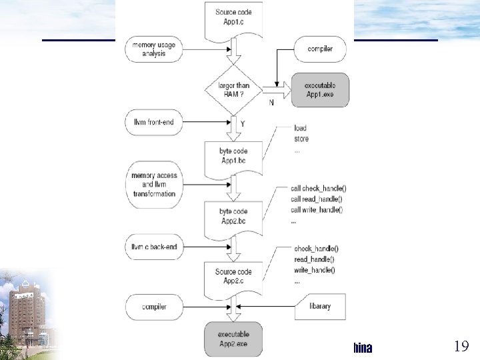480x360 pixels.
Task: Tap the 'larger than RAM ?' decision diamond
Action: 233,90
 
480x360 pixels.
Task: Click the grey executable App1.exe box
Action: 319,90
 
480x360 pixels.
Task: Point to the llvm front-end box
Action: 154,122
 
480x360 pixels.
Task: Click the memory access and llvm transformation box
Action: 154,185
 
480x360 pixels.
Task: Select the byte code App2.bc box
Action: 233,215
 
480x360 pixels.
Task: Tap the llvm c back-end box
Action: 154,247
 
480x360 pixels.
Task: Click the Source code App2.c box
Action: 233,276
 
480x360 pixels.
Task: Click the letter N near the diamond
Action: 271,103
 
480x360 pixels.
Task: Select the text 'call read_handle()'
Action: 317,199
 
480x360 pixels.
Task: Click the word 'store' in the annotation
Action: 301,139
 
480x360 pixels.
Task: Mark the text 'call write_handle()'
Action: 317,210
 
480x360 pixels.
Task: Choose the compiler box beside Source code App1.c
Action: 319,49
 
